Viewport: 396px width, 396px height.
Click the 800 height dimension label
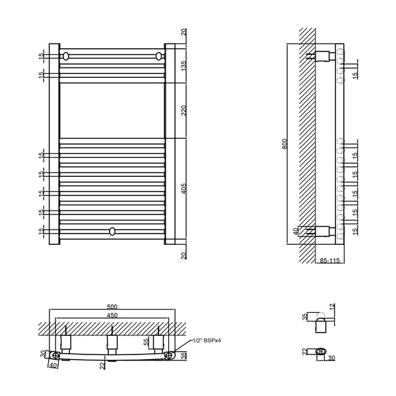coord(284,144)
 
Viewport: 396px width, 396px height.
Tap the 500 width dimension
coord(112,307)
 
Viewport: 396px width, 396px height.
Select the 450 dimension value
coord(112,315)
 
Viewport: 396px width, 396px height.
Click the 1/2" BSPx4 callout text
coord(207,341)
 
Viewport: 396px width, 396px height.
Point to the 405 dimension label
coord(184,188)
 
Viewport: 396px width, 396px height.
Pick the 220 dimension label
coord(184,110)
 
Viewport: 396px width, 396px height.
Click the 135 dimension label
coord(184,65)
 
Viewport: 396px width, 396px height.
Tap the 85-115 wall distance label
coord(330,260)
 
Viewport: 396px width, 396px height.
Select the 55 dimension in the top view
coord(147,342)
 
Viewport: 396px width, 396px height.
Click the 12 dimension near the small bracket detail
coord(333,307)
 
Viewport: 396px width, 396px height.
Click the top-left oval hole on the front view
coord(65,56)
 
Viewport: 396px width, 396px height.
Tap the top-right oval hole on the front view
coord(158,56)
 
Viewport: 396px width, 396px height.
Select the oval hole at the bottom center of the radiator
coord(112,231)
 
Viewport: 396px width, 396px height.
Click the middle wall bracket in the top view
coord(112,343)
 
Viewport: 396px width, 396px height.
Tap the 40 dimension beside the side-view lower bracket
coord(296,232)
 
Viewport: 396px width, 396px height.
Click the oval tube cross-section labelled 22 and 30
coord(321,351)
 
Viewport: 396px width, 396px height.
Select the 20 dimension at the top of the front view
coord(184,32)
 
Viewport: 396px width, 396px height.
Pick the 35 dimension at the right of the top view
coord(184,356)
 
